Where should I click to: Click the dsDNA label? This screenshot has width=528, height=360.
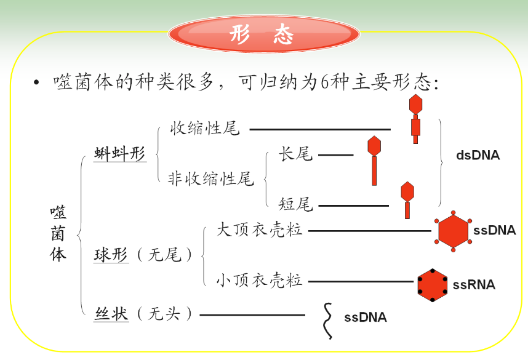pos(478,155)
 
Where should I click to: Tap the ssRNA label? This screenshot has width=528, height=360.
pos(474,284)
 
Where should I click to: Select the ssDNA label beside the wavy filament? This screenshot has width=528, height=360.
pos(366,318)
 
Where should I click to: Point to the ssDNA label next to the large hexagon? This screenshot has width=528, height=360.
pos(495,231)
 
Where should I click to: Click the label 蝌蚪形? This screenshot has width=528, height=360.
pos(120,154)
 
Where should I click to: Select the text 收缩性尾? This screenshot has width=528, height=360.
pos(205,129)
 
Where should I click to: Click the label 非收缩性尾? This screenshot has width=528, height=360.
pos(211,179)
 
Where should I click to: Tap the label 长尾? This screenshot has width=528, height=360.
pos(295,154)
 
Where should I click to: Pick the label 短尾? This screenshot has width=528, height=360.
pos(295,204)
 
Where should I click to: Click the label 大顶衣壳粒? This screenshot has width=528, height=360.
pos(260,230)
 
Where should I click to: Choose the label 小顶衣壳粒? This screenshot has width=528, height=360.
pos(259,281)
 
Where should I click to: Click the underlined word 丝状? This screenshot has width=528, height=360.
pos(111,314)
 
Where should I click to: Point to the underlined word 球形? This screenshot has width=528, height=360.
pos(111,254)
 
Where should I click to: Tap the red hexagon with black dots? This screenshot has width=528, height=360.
pos(433,285)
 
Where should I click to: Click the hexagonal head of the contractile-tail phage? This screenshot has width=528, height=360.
pos(416,103)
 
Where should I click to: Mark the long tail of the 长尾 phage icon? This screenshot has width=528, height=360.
pos(374,170)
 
